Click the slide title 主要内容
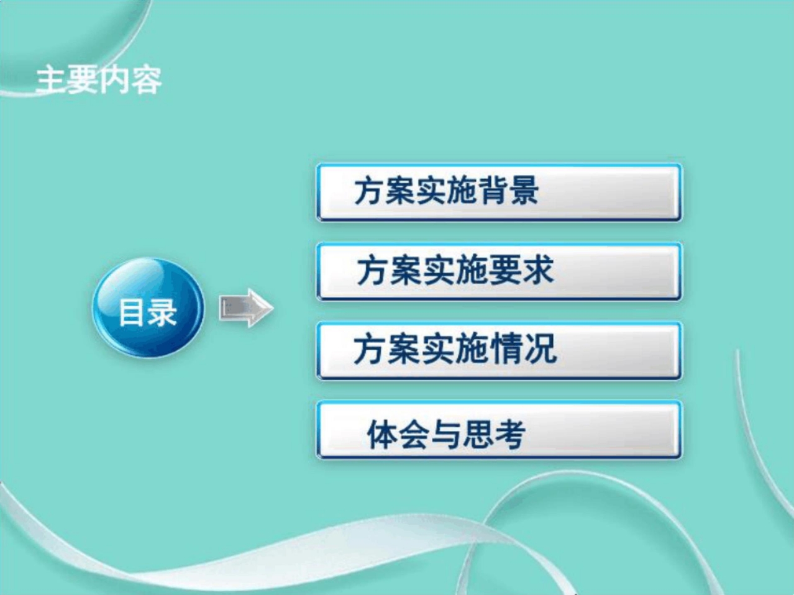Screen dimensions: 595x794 pos(99,80)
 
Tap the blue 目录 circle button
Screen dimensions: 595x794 pos(148,308)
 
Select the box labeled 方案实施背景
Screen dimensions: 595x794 pos(499,192)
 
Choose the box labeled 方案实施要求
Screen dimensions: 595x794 pos(499,271)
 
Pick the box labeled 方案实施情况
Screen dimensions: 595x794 pos(499,350)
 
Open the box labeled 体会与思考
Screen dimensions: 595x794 pos(499,430)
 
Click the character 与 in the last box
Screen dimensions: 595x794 pos(446,434)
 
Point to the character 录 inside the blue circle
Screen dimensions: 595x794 pos(163,312)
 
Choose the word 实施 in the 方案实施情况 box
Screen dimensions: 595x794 pos(455,349)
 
